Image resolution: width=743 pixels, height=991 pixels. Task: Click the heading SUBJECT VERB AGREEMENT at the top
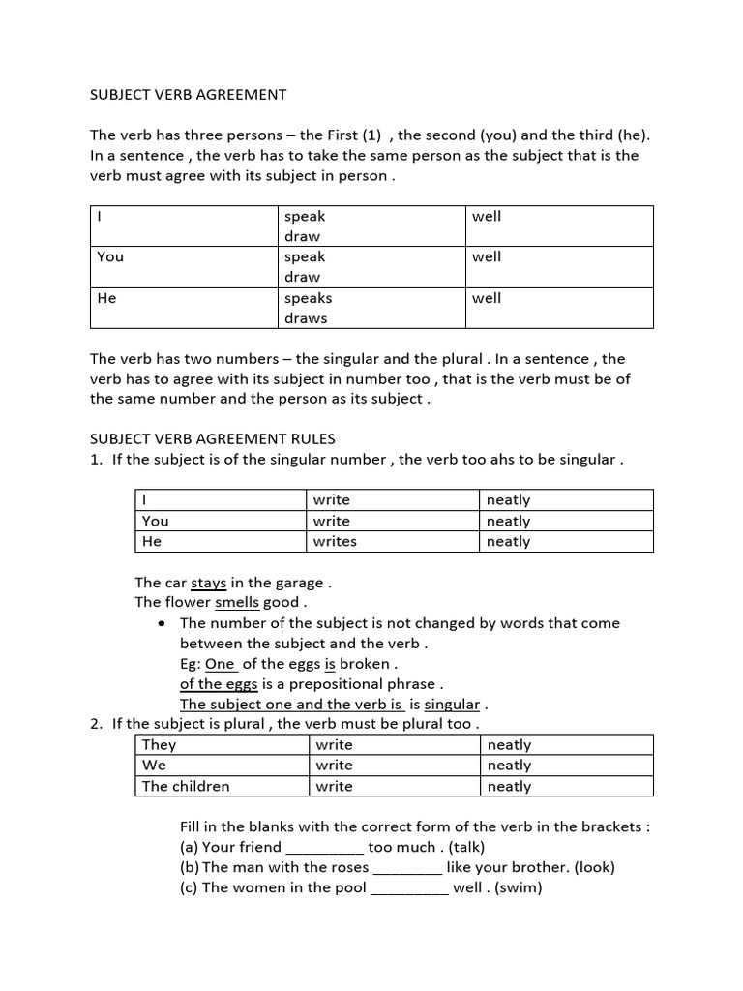(x=188, y=94)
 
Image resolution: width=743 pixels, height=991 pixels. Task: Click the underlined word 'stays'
(x=209, y=583)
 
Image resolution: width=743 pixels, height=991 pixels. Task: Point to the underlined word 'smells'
(x=237, y=602)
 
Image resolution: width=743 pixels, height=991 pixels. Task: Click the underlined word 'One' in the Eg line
(x=221, y=664)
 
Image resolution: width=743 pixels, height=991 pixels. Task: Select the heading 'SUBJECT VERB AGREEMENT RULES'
(x=213, y=438)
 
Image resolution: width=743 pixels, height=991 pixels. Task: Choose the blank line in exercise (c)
(x=409, y=887)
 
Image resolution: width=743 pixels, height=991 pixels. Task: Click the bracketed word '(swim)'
(x=519, y=886)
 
